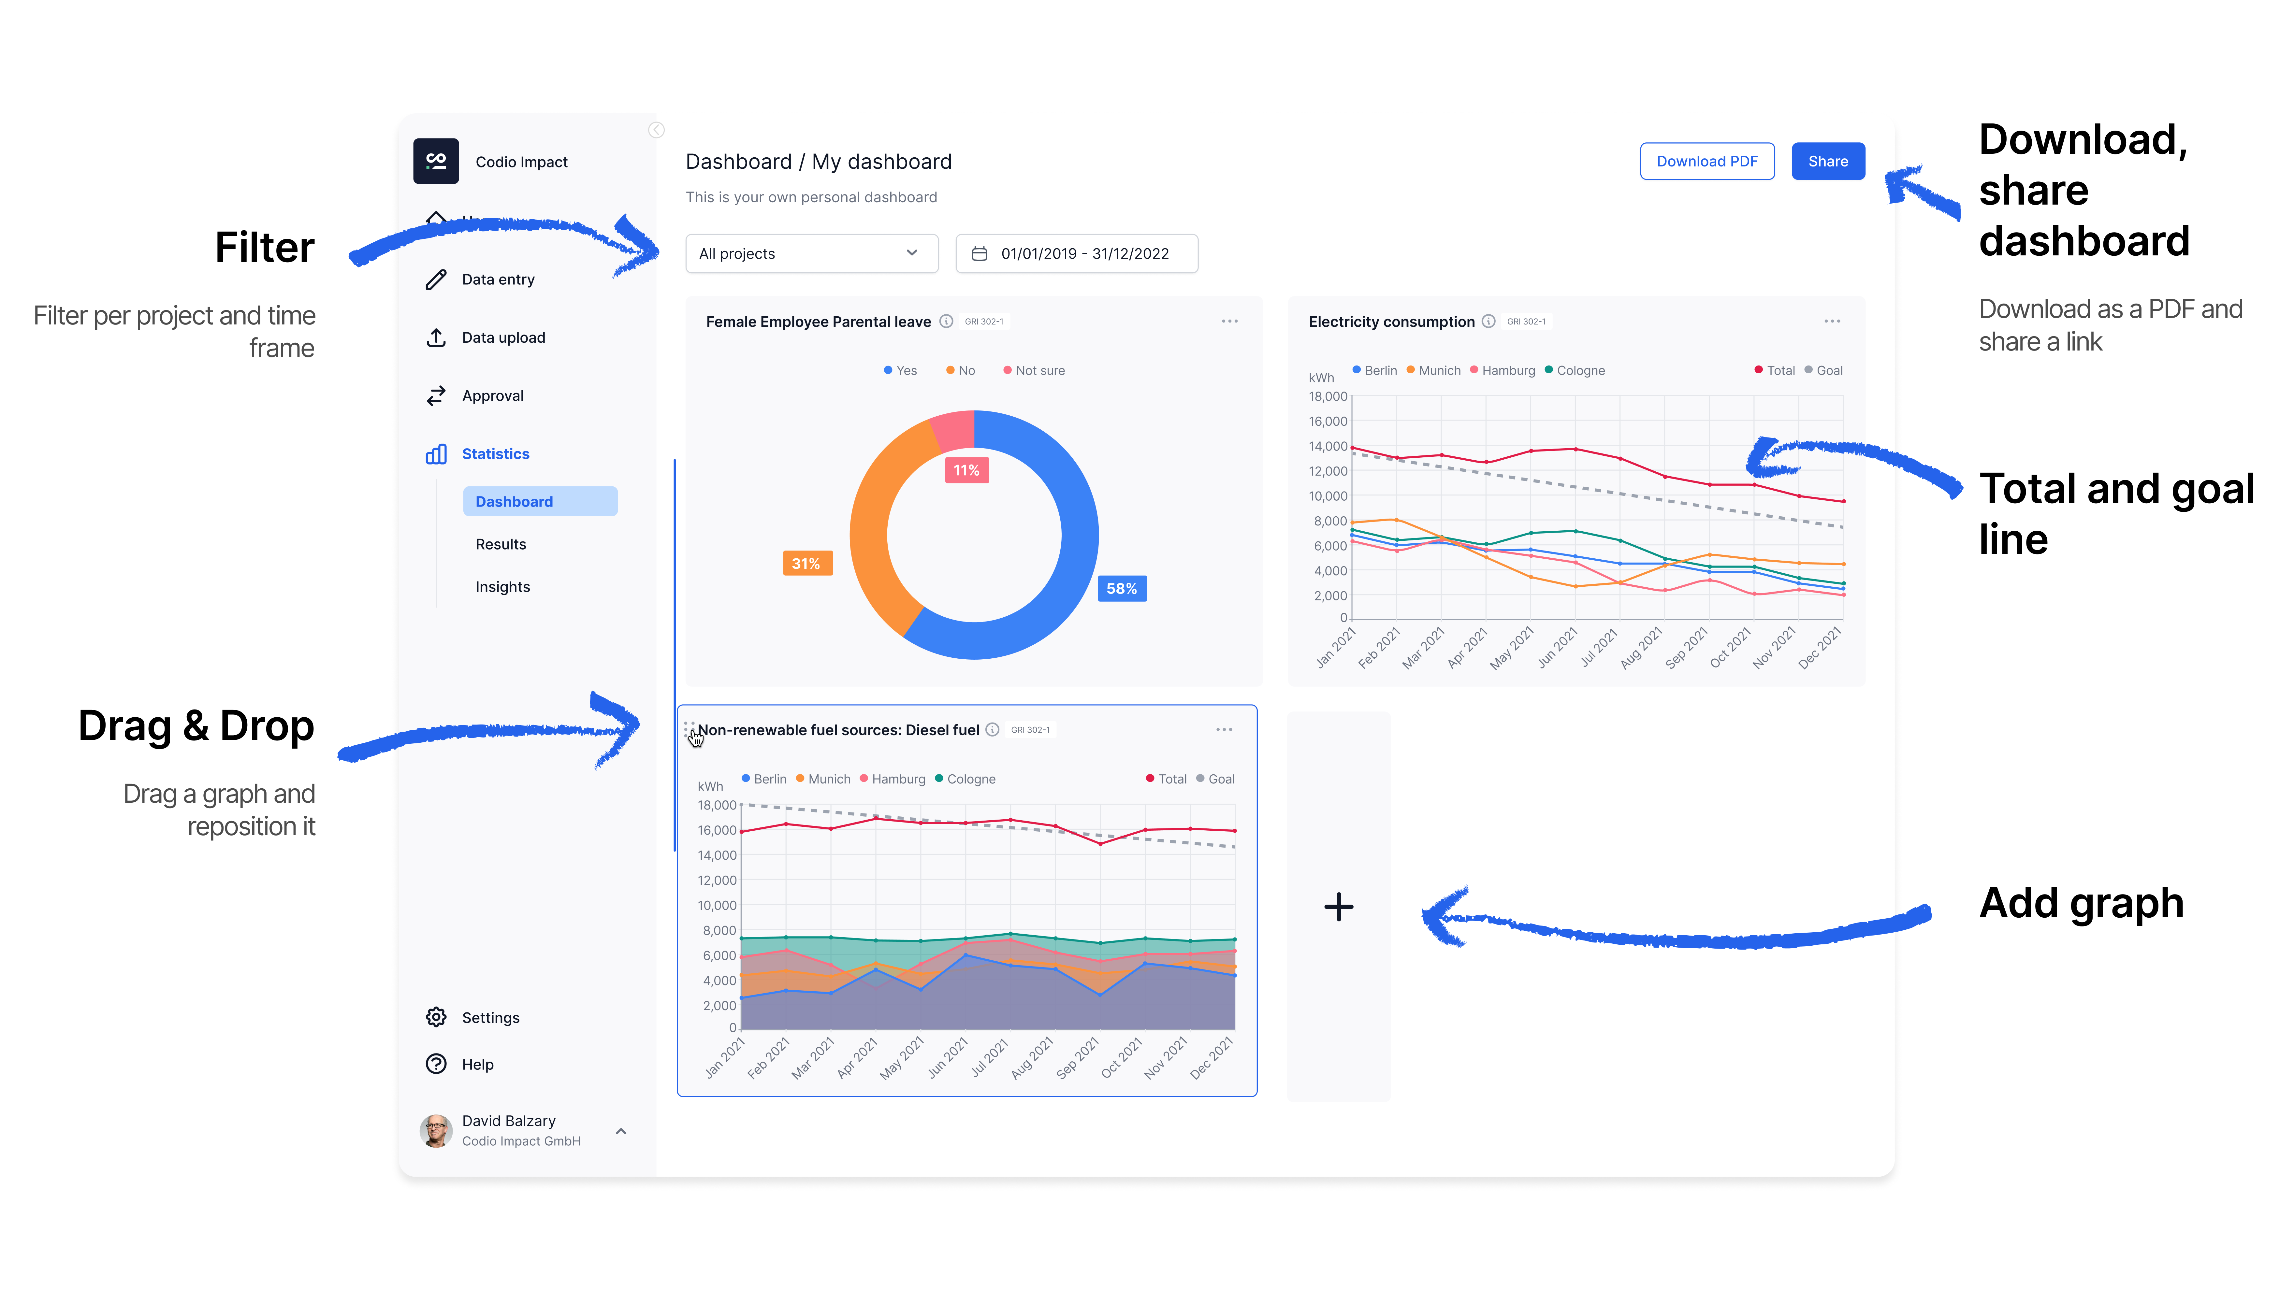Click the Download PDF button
pos(1706,161)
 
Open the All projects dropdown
pos(811,254)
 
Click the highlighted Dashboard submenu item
pos(540,501)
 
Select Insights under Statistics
pos(502,587)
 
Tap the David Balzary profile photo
pos(435,1131)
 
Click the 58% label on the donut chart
pos(1121,588)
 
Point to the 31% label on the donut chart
pos(807,564)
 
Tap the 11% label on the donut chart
pos(966,470)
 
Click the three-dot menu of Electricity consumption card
pos(1832,322)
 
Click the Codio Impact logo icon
pos(435,161)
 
